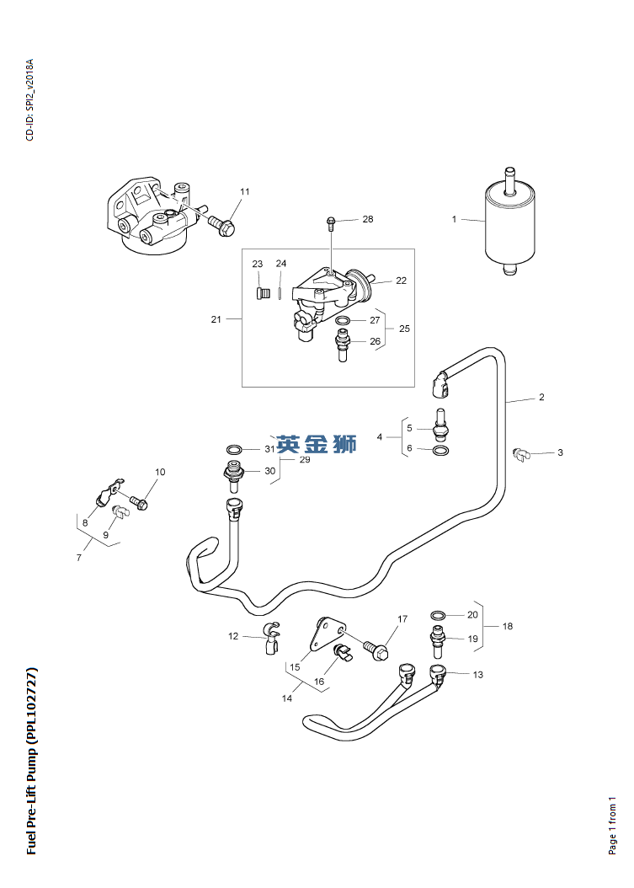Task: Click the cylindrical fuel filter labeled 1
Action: tap(509, 224)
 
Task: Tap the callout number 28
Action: tap(368, 219)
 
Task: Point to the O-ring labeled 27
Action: tap(343, 321)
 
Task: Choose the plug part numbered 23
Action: tap(261, 295)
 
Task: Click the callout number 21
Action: tap(216, 319)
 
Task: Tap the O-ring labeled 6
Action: tap(442, 450)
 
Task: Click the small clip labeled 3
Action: tap(519, 453)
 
